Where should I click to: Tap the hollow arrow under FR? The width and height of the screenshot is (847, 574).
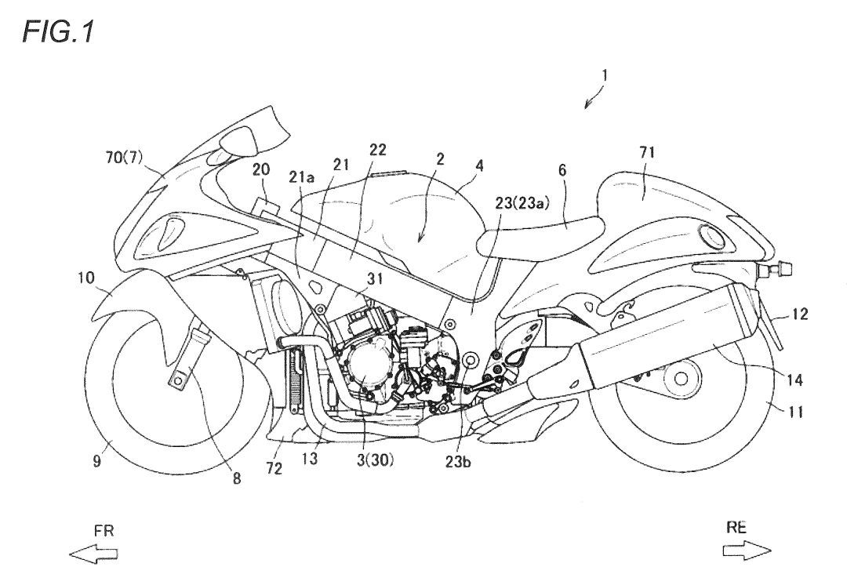[93, 554]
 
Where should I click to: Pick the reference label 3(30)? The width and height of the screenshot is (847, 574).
[373, 460]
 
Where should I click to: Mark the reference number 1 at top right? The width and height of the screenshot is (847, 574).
[604, 76]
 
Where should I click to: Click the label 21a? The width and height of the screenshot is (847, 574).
[304, 178]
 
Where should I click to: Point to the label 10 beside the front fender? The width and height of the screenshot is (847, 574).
[86, 278]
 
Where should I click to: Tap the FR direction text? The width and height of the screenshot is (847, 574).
[103, 531]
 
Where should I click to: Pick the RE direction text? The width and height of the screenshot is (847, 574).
[736, 528]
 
